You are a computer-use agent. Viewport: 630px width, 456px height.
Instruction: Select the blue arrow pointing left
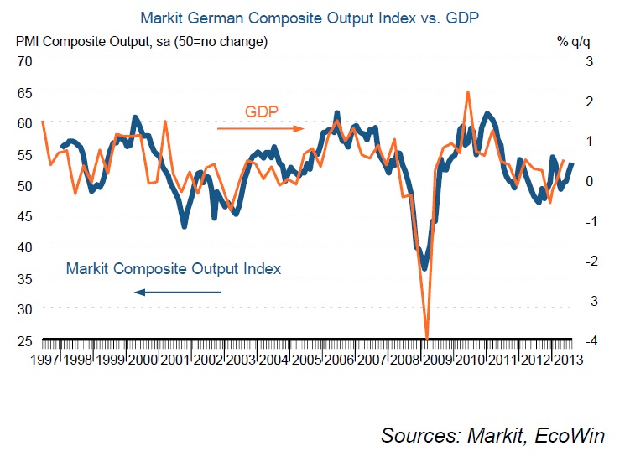pyautogui.click(x=177, y=292)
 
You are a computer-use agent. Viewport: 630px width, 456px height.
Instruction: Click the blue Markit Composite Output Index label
pyautogui.click(x=173, y=268)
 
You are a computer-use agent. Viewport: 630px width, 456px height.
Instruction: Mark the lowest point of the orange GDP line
pyautogui.click(x=427, y=339)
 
